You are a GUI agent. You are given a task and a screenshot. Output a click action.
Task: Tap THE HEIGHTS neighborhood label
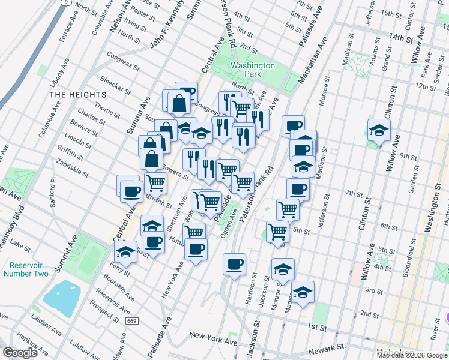pyautogui.click(x=77, y=95)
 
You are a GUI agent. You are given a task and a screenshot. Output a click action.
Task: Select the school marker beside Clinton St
pyautogui.click(x=379, y=130)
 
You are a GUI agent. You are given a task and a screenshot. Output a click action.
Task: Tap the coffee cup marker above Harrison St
pyautogui.click(x=234, y=263)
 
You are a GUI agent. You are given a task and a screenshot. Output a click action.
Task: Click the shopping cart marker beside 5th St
pyautogui.click(x=277, y=231)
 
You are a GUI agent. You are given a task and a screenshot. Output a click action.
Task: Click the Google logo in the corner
pyautogui.click(x=20, y=353)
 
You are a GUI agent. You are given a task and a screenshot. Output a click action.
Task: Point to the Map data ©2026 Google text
pyautogui.click(x=412, y=355)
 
